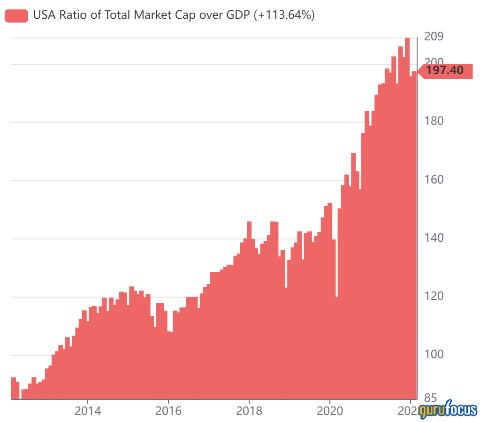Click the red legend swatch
click(x=16, y=15)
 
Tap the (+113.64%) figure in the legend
click(x=284, y=15)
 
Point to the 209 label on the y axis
click(x=434, y=37)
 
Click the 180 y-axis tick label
click(x=434, y=121)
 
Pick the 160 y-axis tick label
click(x=434, y=179)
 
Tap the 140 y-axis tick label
click(x=434, y=238)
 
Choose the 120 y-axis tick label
click(x=434, y=296)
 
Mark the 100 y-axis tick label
click(x=434, y=354)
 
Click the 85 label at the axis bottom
click(x=430, y=397)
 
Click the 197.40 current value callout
click(x=445, y=71)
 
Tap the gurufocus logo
click(x=448, y=409)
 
